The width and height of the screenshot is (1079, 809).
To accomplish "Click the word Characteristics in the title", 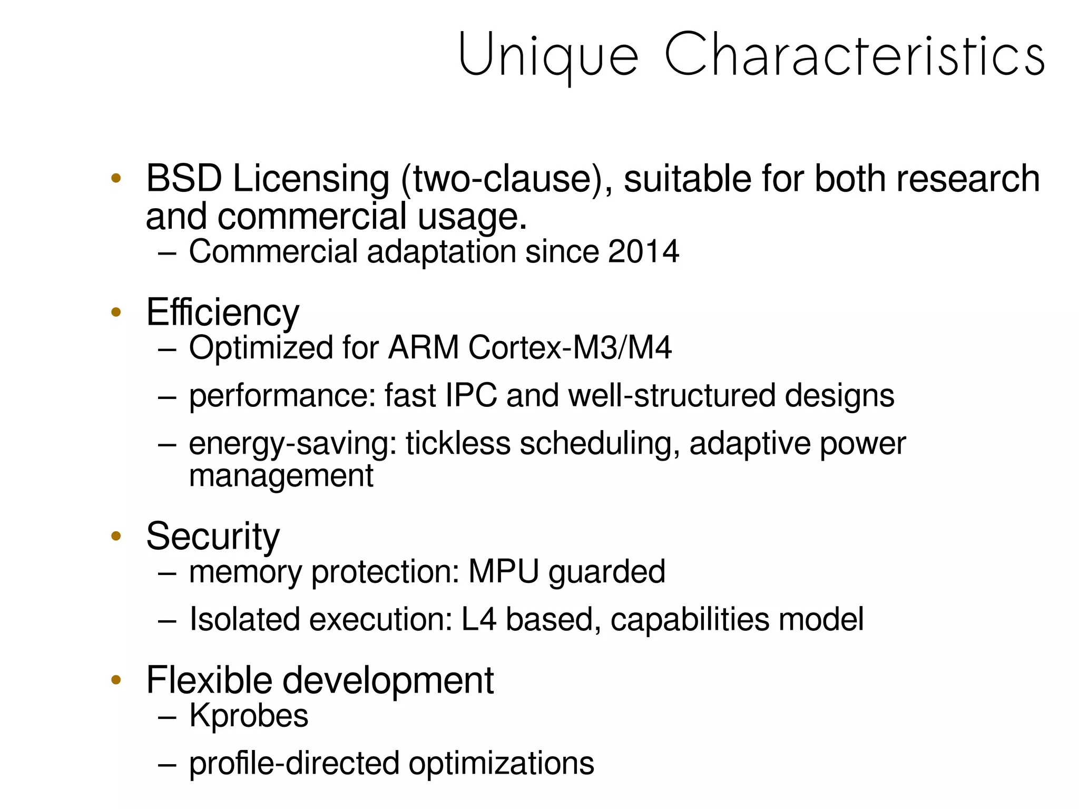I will (x=854, y=54).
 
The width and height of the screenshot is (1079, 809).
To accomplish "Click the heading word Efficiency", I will (x=222, y=313).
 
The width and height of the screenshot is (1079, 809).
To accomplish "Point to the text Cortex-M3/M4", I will (x=570, y=348).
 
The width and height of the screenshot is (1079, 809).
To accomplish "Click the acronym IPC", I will (x=471, y=395).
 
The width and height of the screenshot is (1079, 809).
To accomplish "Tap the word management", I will (x=281, y=475).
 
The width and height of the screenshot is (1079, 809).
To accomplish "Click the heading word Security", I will (x=213, y=537).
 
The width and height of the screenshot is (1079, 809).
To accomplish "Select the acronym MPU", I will (x=504, y=571).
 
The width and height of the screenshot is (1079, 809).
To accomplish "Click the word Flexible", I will (x=209, y=680).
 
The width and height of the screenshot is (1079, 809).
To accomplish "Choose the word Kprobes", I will (x=248, y=715).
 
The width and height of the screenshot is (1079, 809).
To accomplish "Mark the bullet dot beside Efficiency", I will (x=116, y=313).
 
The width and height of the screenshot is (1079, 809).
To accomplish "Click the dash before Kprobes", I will (x=166, y=717).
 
